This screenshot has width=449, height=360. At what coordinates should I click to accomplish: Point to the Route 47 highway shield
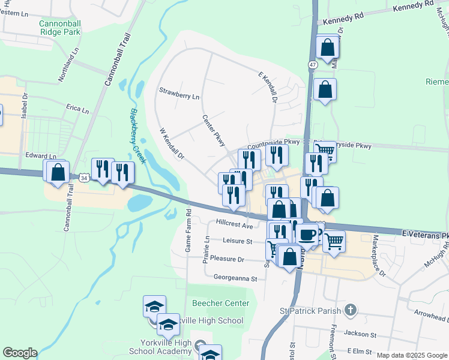[313, 64]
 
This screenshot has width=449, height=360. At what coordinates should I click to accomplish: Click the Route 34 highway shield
[83, 178]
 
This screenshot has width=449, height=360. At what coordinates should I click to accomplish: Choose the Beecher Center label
[220, 303]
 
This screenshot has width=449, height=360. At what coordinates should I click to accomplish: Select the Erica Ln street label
[77, 110]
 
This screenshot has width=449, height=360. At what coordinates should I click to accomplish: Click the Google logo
[20, 353]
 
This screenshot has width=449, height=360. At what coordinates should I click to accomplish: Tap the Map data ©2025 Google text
[412, 355]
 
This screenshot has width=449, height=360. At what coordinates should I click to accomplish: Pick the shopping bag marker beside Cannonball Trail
[58, 172]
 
